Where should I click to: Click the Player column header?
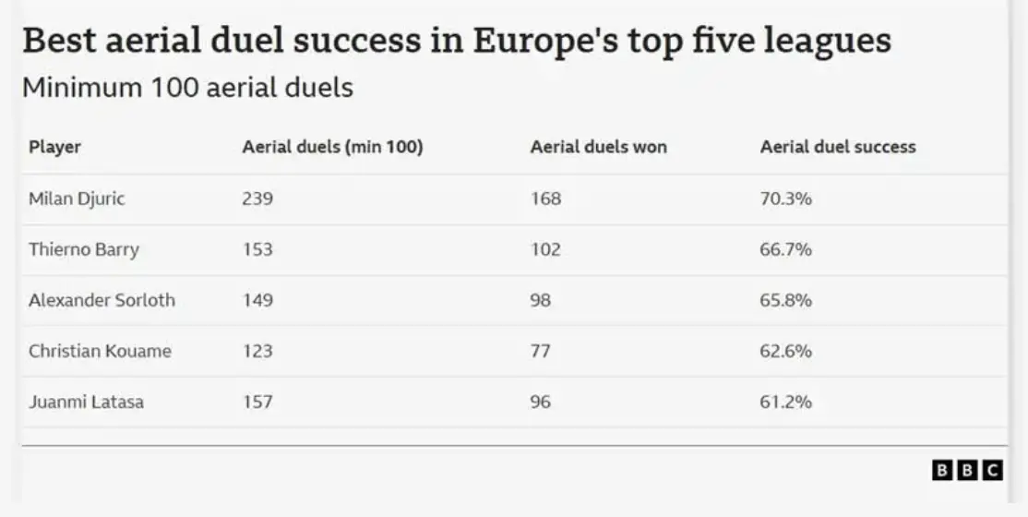click(x=54, y=147)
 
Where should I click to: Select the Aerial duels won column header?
click(x=598, y=147)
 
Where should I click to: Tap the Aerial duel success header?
click(x=837, y=147)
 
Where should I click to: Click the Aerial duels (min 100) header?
click(x=332, y=147)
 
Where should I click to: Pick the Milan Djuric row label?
click(x=77, y=198)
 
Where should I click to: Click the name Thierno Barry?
click(x=83, y=249)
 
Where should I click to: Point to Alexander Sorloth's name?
click(x=102, y=300)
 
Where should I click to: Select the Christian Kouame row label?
click(x=100, y=351)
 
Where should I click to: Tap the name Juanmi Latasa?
click(x=86, y=402)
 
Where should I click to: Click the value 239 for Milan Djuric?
click(x=257, y=198)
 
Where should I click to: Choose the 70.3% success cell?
click(x=785, y=198)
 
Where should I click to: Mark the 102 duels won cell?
click(x=545, y=249)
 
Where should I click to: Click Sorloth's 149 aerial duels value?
click(x=257, y=300)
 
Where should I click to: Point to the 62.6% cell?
click(x=785, y=351)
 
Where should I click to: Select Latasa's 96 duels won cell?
click(x=541, y=402)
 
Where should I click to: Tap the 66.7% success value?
click(x=785, y=249)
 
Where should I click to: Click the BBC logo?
click(x=966, y=470)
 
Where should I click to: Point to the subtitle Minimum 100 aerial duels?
click(x=187, y=88)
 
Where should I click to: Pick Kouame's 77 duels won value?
click(x=540, y=351)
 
